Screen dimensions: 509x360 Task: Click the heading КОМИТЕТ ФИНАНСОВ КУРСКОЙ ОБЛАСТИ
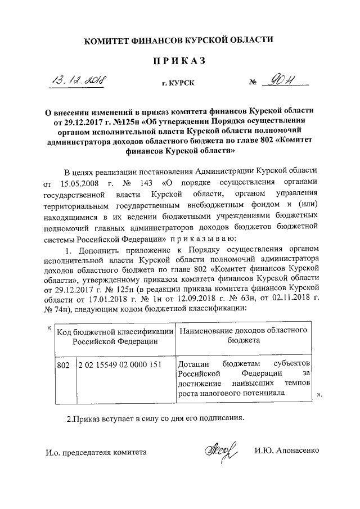[x=179, y=40]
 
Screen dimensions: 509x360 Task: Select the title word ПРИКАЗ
[x=179, y=60]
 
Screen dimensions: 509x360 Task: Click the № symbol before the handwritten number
[x=253, y=83]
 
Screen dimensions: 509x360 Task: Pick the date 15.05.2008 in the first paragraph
[x=81, y=184]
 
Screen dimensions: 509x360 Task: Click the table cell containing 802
[x=64, y=365]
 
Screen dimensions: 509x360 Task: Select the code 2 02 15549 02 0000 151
[x=120, y=365]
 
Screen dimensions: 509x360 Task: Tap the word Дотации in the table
[x=193, y=365]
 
